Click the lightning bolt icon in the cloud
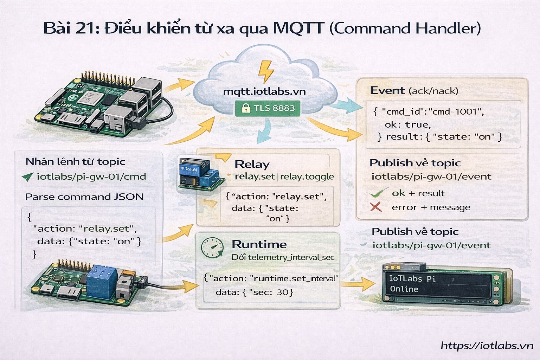tap(266, 71)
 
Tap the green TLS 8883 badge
tap(268, 108)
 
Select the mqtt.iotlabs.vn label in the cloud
tap(264, 92)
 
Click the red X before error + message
tap(376, 207)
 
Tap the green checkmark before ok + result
tap(378, 193)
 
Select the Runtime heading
tap(259, 244)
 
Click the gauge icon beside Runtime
tap(212, 247)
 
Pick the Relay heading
tap(252, 164)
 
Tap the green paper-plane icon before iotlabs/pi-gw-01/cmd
tap(27, 177)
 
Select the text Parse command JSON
tap(84, 197)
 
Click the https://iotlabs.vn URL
tap(487, 346)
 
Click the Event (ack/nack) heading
tap(414, 91)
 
